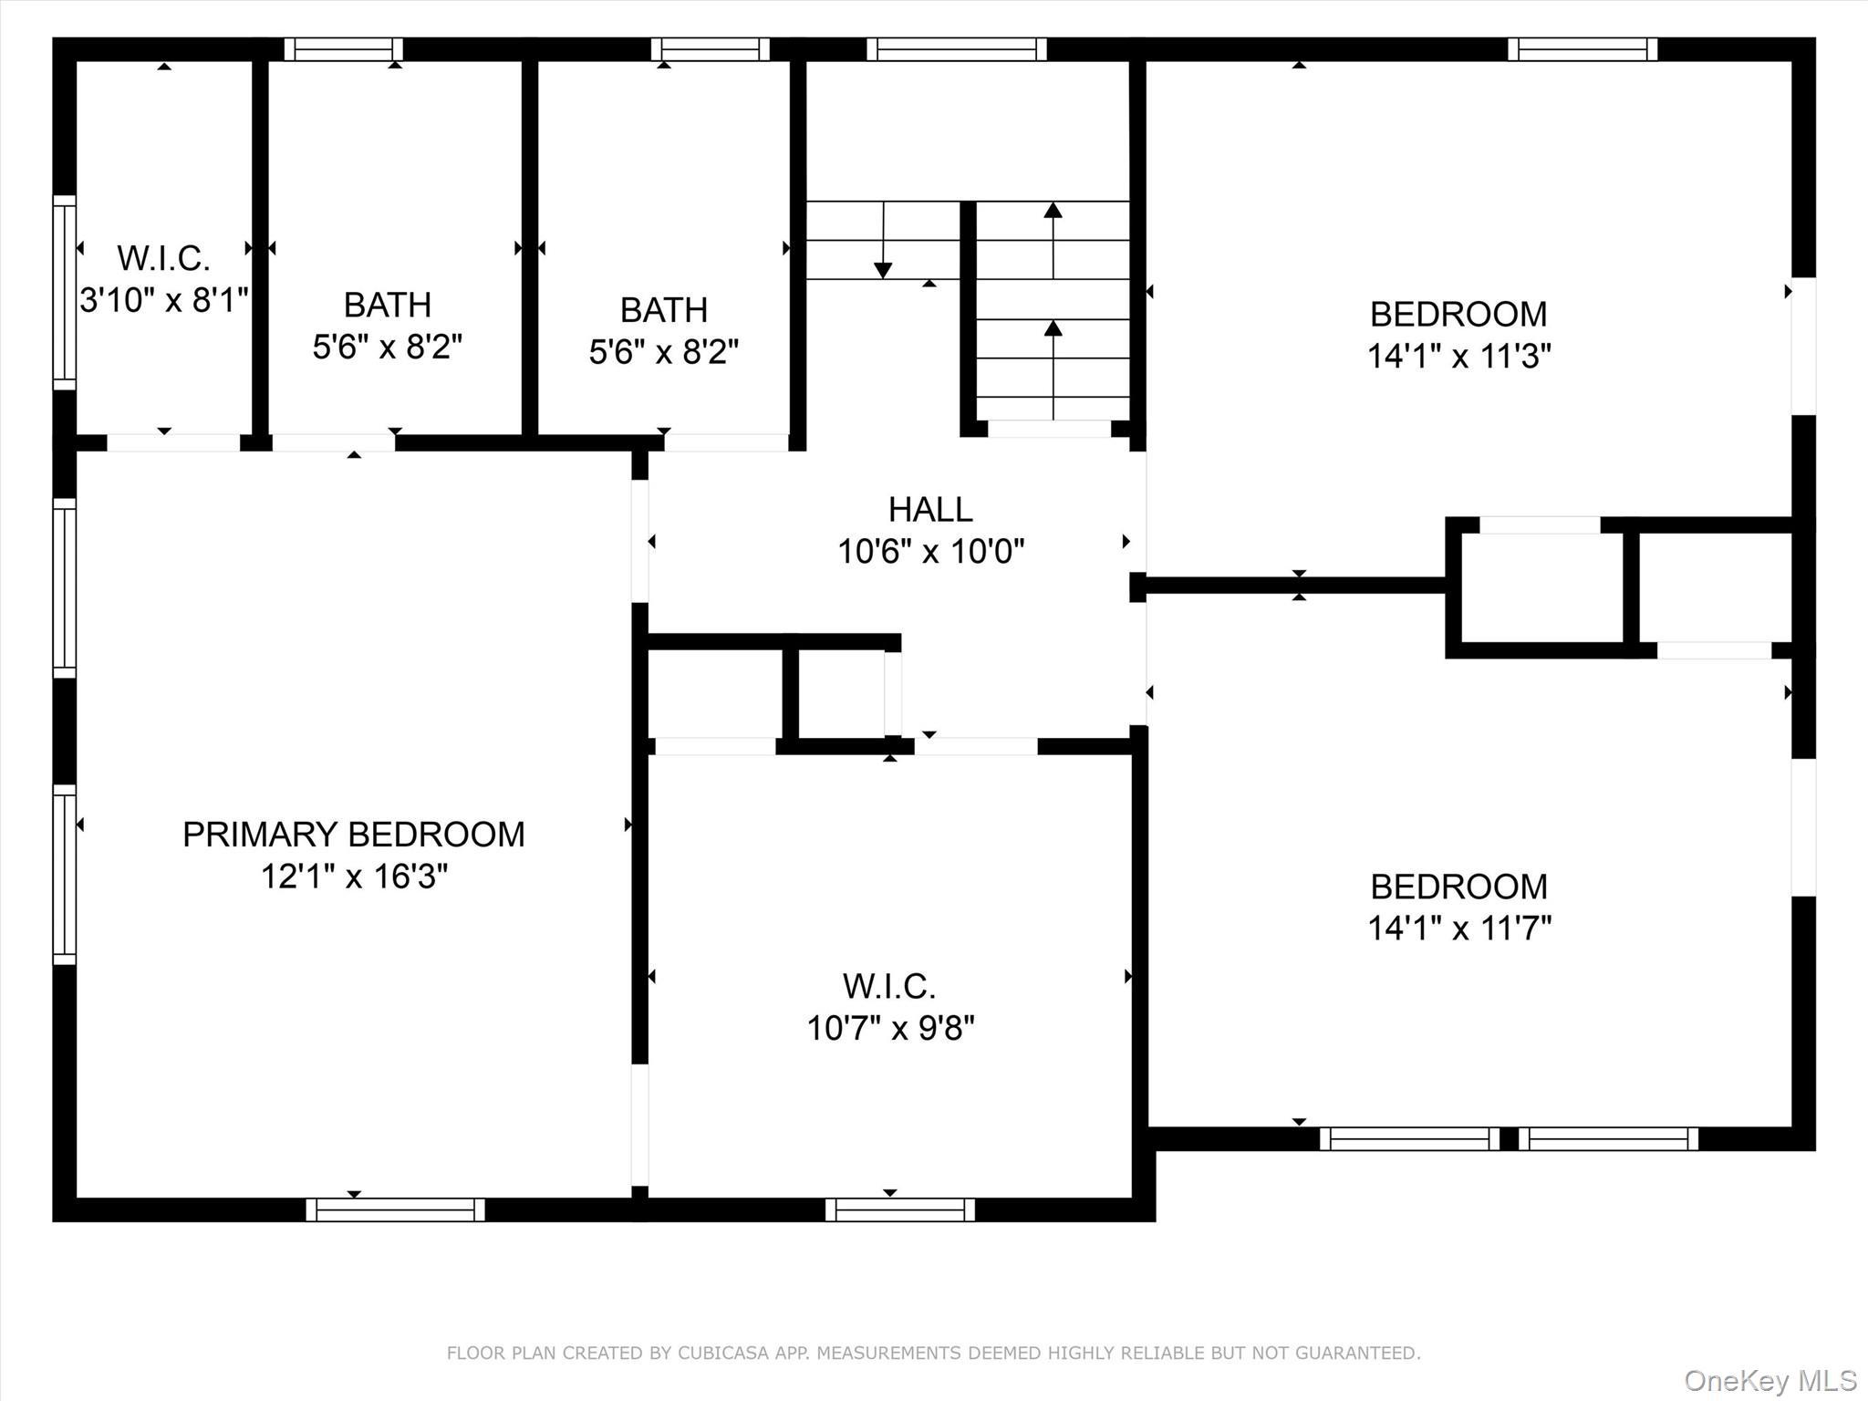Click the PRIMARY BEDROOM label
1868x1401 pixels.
click(354, 835)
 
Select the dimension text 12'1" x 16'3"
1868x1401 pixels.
click(354, 877)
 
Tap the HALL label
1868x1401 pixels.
click(930, 509)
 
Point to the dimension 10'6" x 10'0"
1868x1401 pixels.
click(930, 551)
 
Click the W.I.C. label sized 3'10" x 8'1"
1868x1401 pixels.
click(163, 259)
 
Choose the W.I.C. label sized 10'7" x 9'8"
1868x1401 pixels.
click(889, 986)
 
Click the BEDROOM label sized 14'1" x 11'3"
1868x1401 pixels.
click(1458, 315)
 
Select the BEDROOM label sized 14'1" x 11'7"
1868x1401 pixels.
click(1458, 887)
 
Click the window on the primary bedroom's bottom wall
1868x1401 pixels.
click(395, 1209)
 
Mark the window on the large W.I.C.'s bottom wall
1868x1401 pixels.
click(900, 1209)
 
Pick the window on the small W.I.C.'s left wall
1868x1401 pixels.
click(64, 292)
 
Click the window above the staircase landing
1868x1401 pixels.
click(956, 49)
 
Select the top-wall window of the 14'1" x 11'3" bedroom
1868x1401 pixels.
click(1582, 49)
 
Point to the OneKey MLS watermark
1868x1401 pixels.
click(1769, 1380)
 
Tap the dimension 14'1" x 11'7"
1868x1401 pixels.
click(1458, 929)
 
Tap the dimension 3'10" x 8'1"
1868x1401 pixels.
click(163, 300)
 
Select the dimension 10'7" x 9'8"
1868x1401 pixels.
click(889, 1028)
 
